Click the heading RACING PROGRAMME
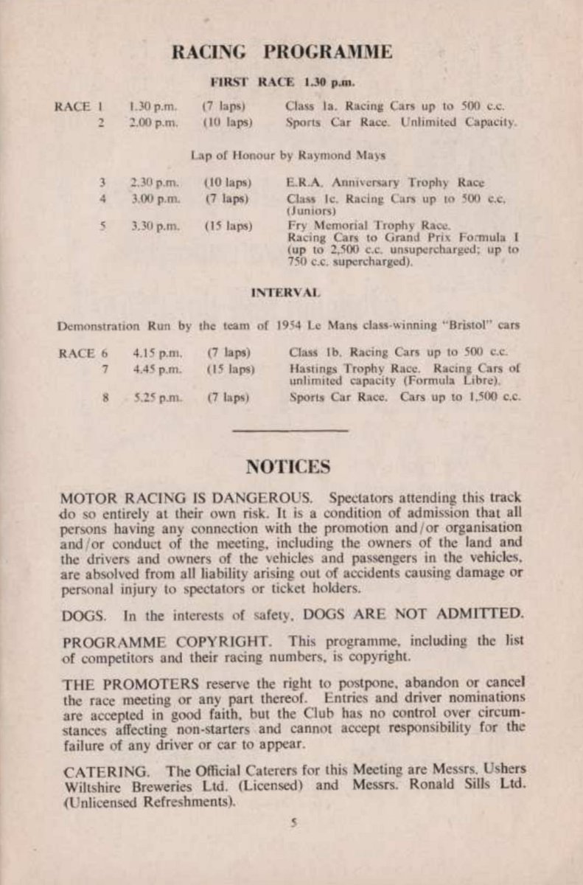[x=282, y=52]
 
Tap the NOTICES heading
[x=288, y=467]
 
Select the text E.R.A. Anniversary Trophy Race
[x=385, y=183]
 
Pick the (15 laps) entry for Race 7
[x=230, y=368]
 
